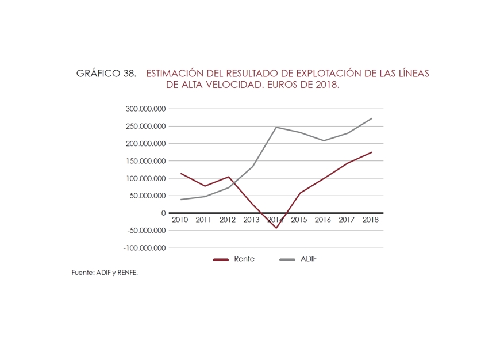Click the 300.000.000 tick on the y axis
click(145, 109)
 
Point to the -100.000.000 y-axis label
click(144, 248)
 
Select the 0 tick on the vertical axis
click(163, 213)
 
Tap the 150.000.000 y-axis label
click(145, 161)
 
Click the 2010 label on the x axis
click(180, 220)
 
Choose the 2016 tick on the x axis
click(324, 220)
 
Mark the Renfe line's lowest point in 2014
click(276, 228)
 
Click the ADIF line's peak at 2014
click(276, 127)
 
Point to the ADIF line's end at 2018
click(372, 118)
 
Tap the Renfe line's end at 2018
click(372, 152)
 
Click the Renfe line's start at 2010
click(181, 174)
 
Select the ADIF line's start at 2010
click(181, 200)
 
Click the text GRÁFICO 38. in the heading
click(106, 74)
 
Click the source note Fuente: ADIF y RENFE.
click(105, 273)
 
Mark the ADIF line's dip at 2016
click(324, 141)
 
